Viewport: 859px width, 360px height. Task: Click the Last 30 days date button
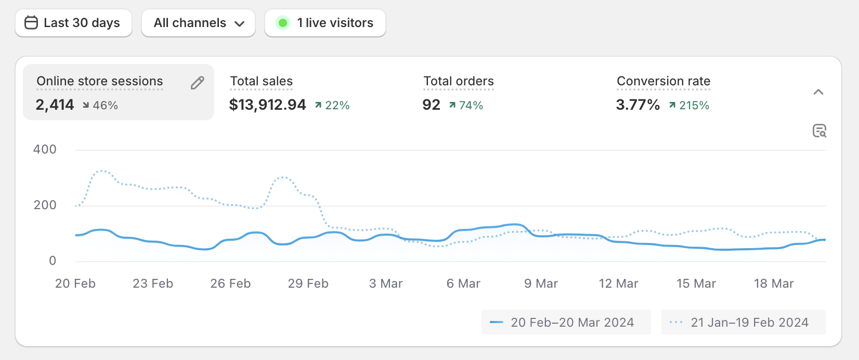coord(73,23)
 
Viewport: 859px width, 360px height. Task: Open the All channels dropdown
coord(198,23)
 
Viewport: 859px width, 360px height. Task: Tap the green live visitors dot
coord(283,23)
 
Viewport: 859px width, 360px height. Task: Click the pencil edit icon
coord(198,83)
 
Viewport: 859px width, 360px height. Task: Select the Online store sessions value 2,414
coord(55,105)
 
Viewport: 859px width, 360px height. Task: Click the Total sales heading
coord(261,81)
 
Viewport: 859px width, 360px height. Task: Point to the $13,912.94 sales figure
coord(267,105)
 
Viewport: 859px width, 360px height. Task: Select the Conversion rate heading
coord(663,81)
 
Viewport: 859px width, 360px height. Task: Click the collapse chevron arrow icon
coord(818,92)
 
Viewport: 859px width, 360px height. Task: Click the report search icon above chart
coord(819,131)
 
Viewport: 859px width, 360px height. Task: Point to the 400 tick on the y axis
coord(45,150)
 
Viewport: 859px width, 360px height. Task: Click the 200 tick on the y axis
coord(45,205)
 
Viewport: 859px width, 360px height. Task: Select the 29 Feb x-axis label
coord(308,284)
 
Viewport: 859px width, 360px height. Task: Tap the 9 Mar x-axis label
coord(541,284)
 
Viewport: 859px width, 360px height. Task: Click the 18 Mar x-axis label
coord(774,284)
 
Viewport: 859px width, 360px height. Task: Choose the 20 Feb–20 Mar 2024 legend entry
coord(566,323)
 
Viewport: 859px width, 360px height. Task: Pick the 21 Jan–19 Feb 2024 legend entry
coord(743,323)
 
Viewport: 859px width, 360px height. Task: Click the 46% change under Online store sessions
coord(105,106)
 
